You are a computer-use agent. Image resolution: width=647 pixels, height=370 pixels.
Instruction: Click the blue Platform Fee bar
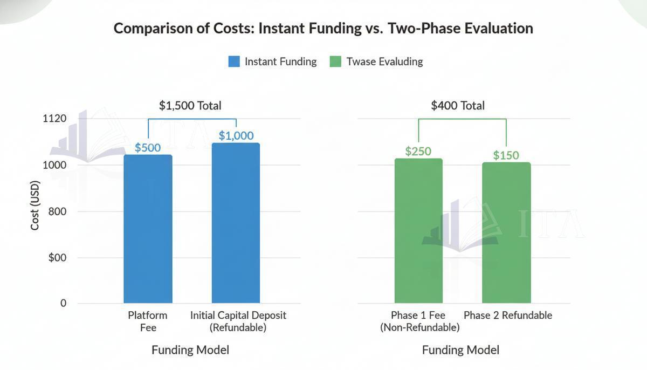coord(148,229)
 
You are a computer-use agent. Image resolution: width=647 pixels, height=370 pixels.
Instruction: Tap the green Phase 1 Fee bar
coord(418,231)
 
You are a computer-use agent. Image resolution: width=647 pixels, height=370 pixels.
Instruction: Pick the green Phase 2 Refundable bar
coord(506,232)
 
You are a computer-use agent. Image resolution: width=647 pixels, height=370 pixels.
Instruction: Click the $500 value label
coord(148,147)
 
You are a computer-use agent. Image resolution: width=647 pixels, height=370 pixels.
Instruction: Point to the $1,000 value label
coord(236,135)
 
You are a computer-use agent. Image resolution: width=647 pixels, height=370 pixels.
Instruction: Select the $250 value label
coord(418,151)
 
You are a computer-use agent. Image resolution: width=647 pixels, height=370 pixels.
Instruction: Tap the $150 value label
coord(506,155)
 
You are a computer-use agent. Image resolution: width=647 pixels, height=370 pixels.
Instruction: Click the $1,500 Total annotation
coord(190,106)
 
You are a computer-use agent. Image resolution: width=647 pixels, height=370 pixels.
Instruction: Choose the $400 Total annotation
coord(458,106)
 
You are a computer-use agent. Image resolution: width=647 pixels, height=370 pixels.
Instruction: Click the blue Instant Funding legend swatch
coord(234,61)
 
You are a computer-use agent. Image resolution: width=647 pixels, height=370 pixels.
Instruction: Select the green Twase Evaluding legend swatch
coord(335,61)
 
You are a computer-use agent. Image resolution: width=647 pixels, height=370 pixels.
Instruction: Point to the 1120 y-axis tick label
coord(54,119)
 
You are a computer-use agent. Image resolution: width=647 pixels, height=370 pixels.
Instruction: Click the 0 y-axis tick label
coord(63,303)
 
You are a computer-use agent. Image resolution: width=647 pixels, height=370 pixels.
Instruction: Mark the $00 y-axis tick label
coord(57,257)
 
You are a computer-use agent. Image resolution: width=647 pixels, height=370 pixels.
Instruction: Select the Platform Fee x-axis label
coord(148,321)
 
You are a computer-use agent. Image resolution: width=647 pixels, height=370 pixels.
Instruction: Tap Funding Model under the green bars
coord(460,350)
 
